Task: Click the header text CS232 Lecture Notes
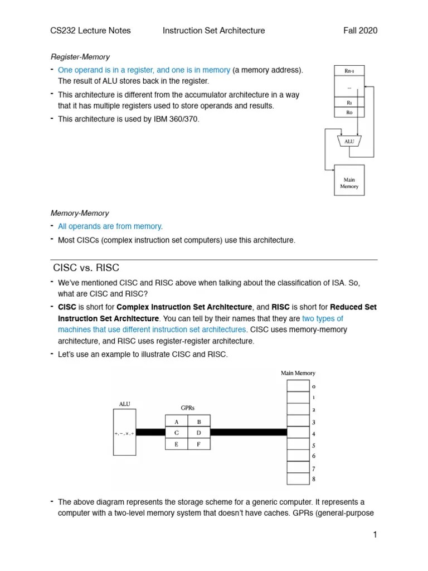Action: point(85,31)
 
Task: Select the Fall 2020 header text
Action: point(360,31)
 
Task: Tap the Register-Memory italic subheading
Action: point(80,57)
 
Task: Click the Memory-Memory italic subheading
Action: point(80,213)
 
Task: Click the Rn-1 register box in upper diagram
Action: point(349,70)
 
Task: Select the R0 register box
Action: point(349,112)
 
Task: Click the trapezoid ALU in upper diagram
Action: point(349,142)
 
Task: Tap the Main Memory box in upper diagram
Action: point(349,180)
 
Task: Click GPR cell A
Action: point(176,422)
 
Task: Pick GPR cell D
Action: point(199,432)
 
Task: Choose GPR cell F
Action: point(199,444)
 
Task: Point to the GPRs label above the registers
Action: point(187,408)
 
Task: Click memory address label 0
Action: point(314,386)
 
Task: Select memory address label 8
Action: point(314,479)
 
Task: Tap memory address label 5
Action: point(314,445)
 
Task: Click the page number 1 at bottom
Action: point(375,535)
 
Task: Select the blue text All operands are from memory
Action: point(110,226)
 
